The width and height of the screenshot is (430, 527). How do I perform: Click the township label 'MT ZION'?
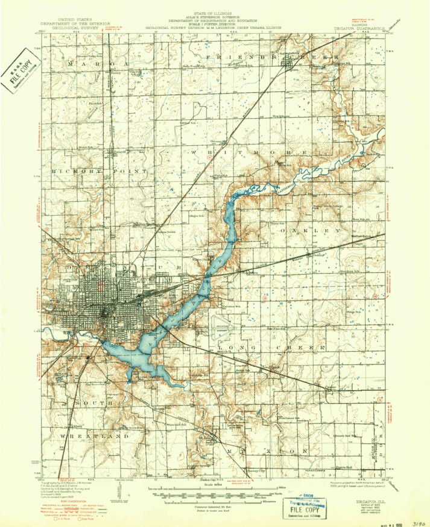pyautogui.click(x=267, y=450)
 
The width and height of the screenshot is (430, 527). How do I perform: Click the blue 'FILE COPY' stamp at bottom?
pyautogui.click(x=308, y=507)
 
